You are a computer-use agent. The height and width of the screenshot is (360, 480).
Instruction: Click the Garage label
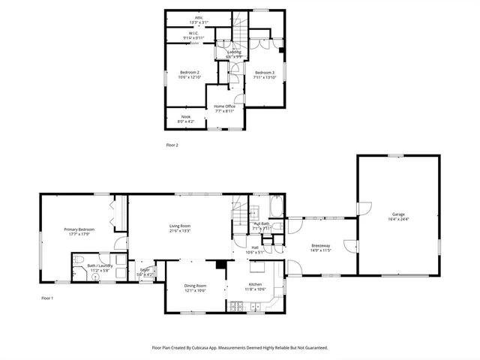click(x=397, y=214)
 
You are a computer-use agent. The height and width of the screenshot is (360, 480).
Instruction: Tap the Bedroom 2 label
click(x=188, y=72)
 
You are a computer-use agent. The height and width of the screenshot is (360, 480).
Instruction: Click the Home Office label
click(x=225, y=106)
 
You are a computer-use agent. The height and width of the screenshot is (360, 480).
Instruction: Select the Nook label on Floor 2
click(x=185, y=117)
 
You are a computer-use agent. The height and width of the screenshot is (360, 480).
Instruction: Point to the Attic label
click(x=199, y=17)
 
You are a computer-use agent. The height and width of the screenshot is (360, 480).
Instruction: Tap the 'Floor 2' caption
click(x=172, y=144)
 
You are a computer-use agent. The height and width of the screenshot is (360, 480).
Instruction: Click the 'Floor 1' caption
click(x=47, y=298)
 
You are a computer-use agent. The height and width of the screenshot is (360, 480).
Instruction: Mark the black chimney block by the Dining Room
click(x=221, y=264)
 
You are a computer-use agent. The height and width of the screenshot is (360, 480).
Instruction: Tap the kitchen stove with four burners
click(x=238, y=305)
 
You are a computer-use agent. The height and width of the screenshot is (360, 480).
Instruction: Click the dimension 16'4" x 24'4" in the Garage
click(x=397, y=219)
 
